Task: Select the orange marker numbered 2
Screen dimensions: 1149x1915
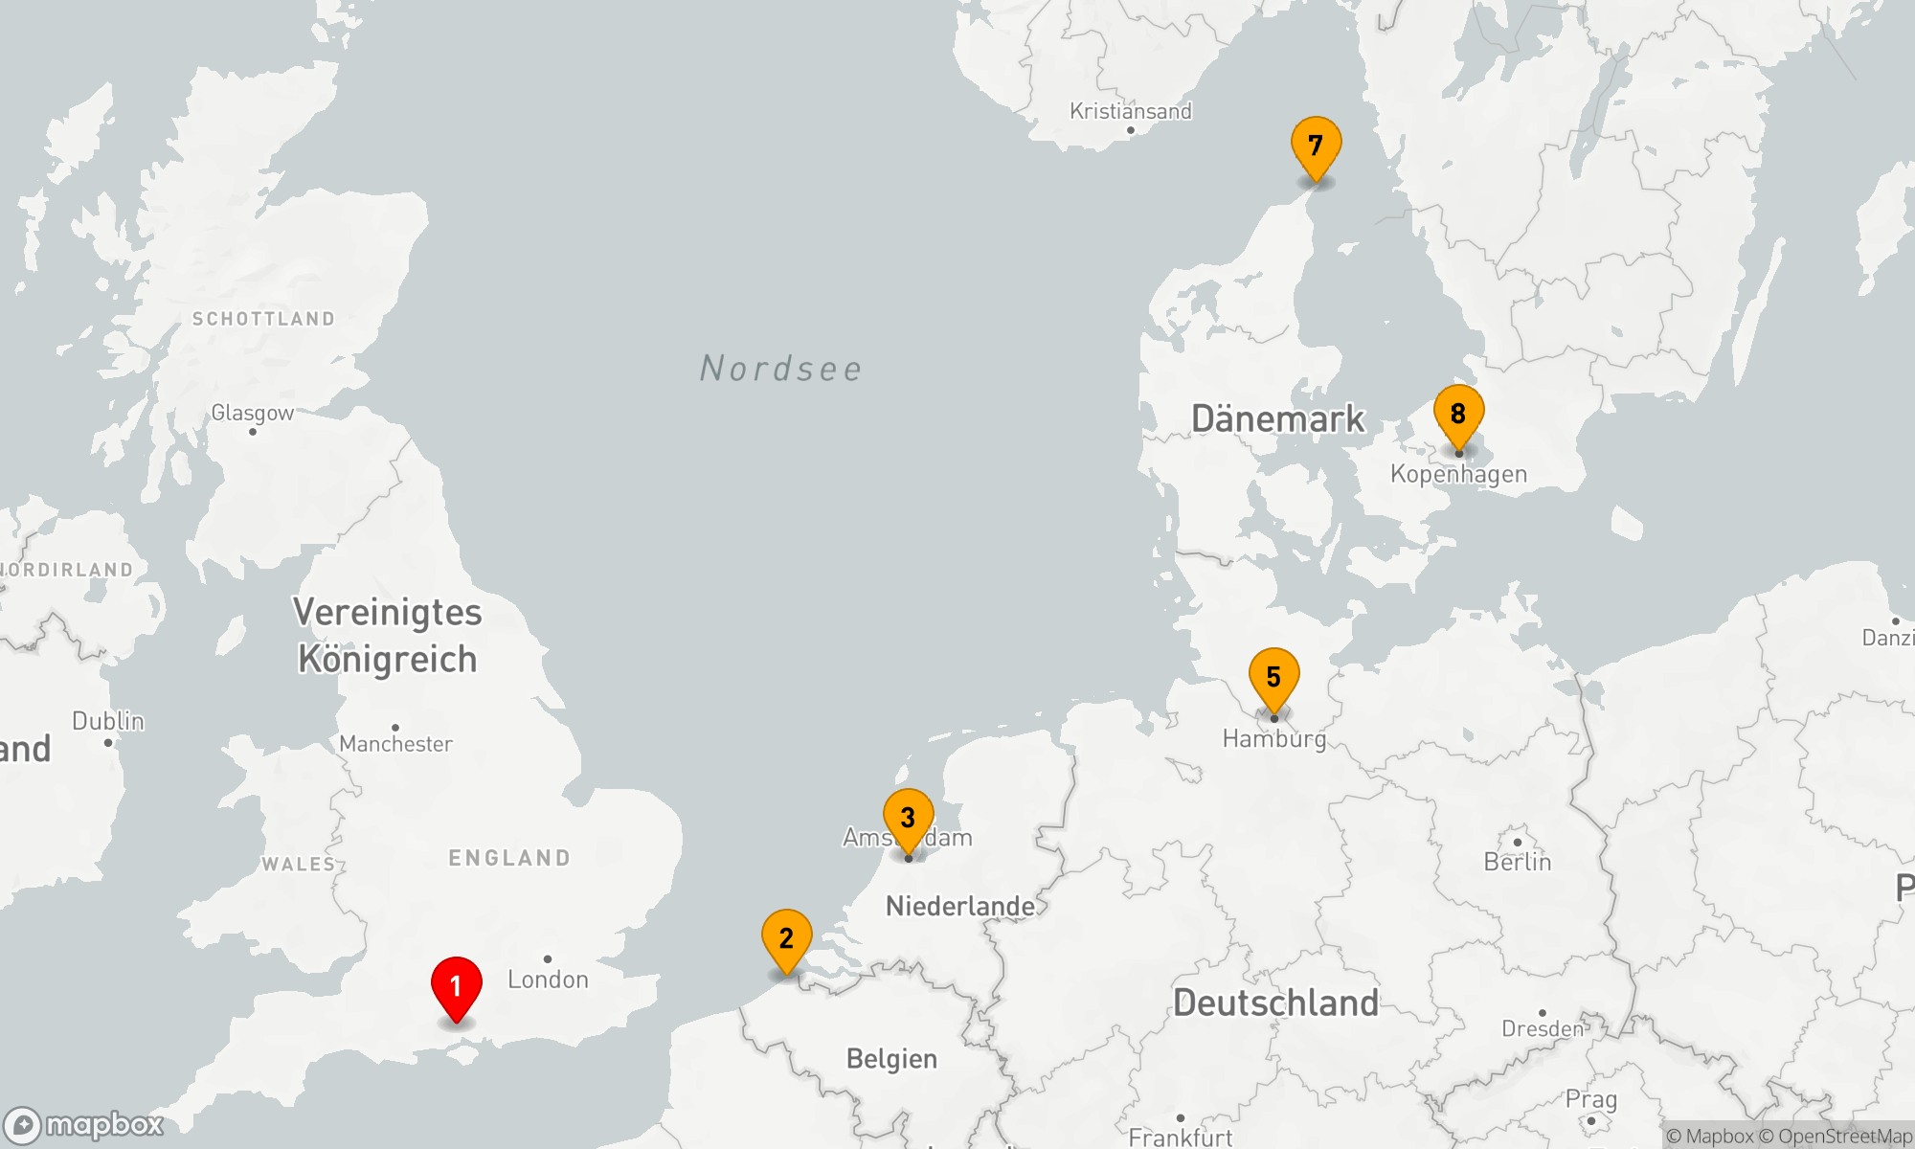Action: point(786,939)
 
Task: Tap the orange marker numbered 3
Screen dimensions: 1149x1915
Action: point(908,819)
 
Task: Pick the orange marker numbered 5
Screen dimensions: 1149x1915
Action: point(1273,678)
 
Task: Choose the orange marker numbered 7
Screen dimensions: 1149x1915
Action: point(1316,146)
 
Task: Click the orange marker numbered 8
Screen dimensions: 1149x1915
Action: point(1458,415)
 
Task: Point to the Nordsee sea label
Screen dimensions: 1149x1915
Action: point(781,369)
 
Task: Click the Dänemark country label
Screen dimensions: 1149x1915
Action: point(1277,419)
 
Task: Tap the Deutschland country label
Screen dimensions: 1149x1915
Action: point(1275,1003)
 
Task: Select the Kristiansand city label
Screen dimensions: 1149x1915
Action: point(1130,112)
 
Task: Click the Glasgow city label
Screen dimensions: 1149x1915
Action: point(252,414)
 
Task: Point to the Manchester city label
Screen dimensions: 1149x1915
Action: point(395,744)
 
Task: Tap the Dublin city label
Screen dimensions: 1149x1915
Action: point(108,721)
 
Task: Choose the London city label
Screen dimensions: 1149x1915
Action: point(548,980)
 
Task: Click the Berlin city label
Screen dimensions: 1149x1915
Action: point(1517,862)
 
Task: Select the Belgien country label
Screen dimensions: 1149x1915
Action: point(891,1059)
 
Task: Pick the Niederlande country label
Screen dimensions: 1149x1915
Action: point(960,906)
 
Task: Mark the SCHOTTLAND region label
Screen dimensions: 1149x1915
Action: point(263,319)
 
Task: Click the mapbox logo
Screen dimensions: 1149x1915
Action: point(84,1125)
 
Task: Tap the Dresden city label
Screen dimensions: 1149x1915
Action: point(1543,1029)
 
